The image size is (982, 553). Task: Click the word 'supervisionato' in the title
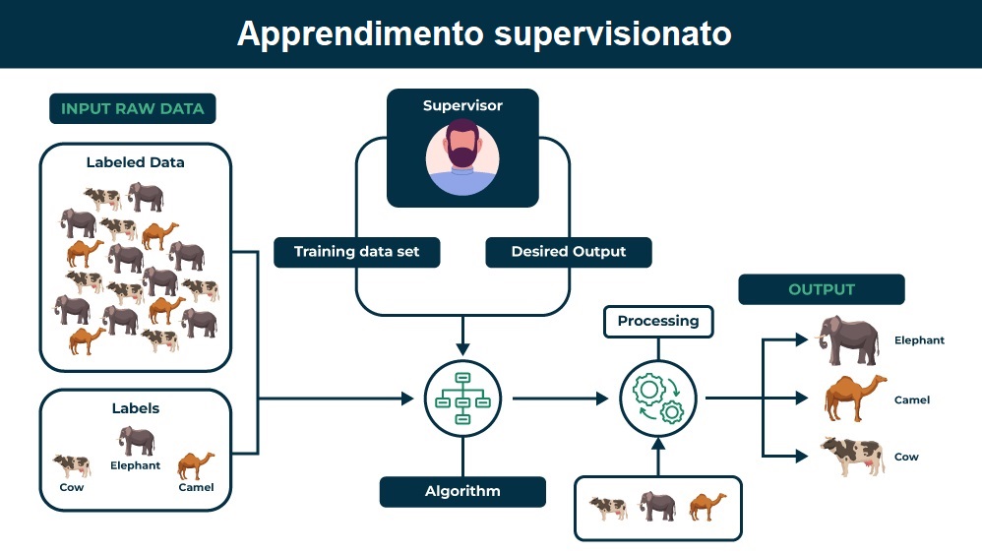click(612, 34)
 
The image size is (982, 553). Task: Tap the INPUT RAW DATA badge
click(133, 108)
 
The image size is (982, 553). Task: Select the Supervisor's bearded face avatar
click(462, 156)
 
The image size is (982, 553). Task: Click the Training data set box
click(357, 252)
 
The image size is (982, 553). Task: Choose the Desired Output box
click(569, 252)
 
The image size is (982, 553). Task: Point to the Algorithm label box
click(462, 492)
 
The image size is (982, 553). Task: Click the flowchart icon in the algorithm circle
click(462, 399)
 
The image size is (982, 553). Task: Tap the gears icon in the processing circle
click(658, 399)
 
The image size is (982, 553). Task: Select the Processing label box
click(658, 322)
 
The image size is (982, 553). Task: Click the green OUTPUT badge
click(822, 289)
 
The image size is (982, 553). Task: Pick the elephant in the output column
click(848, 340)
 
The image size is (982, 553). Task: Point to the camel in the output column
click(855, 398)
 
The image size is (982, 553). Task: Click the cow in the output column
click(853, 456)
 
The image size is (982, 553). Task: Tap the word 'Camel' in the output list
click(912, 399)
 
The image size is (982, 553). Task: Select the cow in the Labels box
click(72, 465)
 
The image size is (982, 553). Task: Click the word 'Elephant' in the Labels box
click(135, 465)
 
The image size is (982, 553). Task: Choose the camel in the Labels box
click(196, 465)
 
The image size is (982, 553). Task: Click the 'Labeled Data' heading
click(135, 162)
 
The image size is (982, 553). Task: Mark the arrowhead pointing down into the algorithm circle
click(462, 349)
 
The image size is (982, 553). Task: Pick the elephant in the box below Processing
click(657, 506)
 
